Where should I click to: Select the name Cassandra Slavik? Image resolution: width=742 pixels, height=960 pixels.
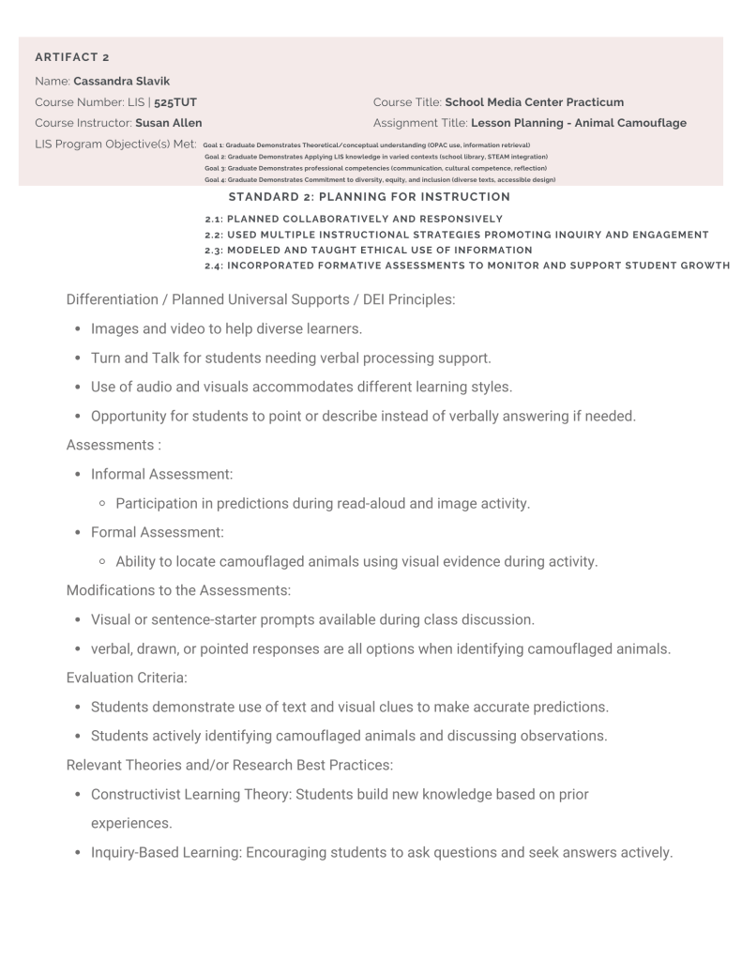tap(121, 81)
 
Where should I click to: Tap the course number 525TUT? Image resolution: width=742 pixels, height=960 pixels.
tap(175, 101)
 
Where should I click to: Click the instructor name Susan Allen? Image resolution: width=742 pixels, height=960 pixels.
tap(168, 123)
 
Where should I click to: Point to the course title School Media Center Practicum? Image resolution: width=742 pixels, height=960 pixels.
tap(534, 101)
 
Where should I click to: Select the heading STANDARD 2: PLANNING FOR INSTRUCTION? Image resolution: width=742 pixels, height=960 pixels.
tap(369, 197)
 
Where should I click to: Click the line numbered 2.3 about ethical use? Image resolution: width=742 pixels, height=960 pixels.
tap(369, 250)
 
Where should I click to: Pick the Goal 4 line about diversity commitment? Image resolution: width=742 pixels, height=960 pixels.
tap(379, 179)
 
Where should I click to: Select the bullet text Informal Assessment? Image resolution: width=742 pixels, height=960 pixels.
tap(161, 475)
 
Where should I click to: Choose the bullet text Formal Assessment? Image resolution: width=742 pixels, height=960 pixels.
tap(157, 533)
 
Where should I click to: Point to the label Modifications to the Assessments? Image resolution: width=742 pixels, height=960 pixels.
tap(178, 591)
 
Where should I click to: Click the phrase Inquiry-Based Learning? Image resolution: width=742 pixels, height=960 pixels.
tap(164, 852)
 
